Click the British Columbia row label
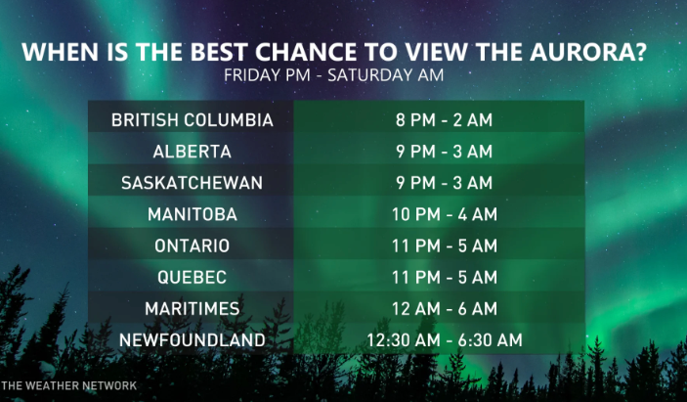(192, 120)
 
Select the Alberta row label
(192, 152)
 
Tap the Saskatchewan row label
(192, 183)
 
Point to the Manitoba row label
(192, 214)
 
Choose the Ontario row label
(192, 246)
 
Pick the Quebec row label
(192, 278)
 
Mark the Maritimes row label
(192, 309)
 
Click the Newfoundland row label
(192, 340)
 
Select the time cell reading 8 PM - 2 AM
(444, 120)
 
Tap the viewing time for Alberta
(444, 152)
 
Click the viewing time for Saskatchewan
(444, 183)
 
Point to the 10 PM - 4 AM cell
(445, 214)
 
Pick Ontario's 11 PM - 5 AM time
(445, 246)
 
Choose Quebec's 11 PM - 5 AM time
(445, 278)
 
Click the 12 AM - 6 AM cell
(445, 309)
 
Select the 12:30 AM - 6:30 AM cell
(445, 340)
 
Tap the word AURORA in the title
(588, 52)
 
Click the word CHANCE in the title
(306, 52)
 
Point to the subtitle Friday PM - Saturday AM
(333, 75)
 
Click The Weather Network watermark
(68, 385)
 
